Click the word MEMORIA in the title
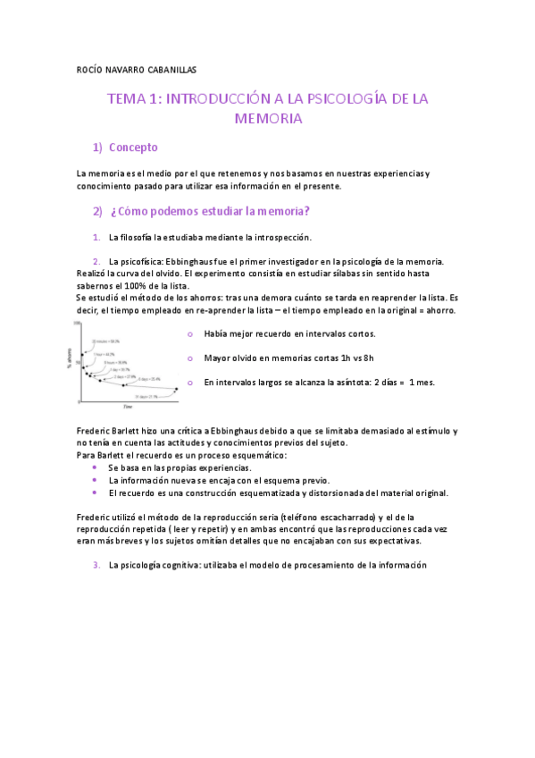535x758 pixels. click(268, 118)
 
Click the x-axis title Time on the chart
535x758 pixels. click(128, 405)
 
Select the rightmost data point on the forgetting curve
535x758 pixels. click(177, 389)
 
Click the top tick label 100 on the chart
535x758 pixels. click(78, 323)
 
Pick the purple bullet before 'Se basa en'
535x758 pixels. click(95, 467)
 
